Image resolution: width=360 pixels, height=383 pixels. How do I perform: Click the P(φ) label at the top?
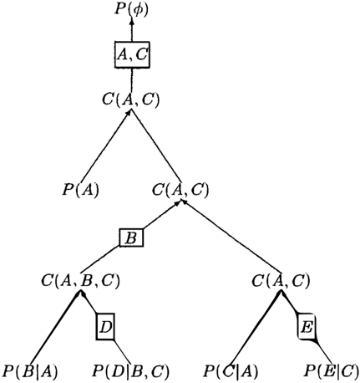coord(131,9)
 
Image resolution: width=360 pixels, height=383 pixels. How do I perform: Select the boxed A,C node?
coord(132,54)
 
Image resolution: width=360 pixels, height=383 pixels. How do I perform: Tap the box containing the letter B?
coord(131,237)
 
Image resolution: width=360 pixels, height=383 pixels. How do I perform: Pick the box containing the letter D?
coord(105,326)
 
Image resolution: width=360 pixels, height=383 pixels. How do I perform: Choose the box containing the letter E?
coord(307,326)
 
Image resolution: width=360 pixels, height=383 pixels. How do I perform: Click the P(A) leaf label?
coord(80,190)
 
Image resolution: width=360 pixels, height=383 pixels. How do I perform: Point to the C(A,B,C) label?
coord(80,281)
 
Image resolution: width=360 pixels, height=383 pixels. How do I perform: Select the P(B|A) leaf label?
coord(30,371)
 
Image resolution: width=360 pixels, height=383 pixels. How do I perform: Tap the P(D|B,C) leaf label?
coord(130,371)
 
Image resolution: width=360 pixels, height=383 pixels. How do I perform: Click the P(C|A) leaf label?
coord(231,371)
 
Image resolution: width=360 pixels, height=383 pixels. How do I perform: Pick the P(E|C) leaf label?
coord(332,371)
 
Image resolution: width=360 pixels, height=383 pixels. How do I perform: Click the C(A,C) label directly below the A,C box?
coord(131,100)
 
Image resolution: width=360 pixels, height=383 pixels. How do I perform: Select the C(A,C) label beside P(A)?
coord(180,190)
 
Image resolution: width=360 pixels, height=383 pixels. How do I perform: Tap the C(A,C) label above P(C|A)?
coord(281,281)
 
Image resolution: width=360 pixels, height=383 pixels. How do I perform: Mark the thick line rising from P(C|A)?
coord(256,328)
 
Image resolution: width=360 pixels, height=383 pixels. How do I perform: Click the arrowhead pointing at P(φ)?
coord(132,21)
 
